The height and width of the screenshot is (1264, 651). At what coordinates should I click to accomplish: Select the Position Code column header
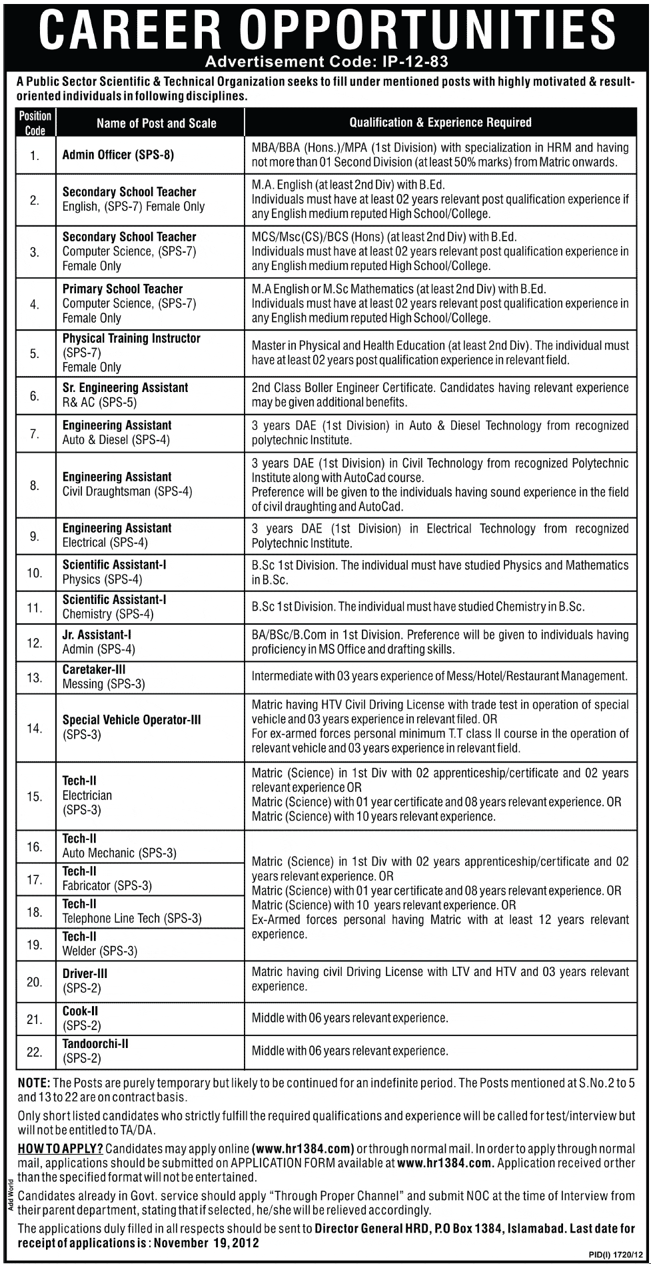click(x=35, y=123)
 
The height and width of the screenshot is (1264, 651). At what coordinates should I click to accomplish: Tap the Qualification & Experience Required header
click(x=440, y=122)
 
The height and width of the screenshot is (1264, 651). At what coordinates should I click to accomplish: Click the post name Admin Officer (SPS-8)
click(x=118, y=155)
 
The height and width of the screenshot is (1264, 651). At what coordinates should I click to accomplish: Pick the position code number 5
click(x=35, y=353)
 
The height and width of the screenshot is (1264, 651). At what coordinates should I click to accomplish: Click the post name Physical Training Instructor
click(x=131, y=339)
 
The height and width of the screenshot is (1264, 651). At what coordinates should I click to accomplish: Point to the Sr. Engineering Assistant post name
click(x=125, y=388)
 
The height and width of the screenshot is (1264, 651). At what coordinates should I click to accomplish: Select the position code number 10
click(x=35, y=573)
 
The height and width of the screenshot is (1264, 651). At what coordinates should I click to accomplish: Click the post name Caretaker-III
click(x=94, y=669)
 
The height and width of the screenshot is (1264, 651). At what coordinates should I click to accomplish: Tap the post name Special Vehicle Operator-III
click(x=131, y=720)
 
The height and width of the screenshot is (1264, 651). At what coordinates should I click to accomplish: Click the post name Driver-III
click(x=85, y=974)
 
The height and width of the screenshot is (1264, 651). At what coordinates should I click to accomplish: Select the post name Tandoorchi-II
click(x=95, y=1044)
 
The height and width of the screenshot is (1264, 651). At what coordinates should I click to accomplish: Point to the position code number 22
click(x=35, y=1052)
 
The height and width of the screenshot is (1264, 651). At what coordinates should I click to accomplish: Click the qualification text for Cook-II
click(x=350, y=1018)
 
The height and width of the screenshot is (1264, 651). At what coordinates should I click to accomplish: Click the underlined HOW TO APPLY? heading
click(x=60, y=1149)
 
